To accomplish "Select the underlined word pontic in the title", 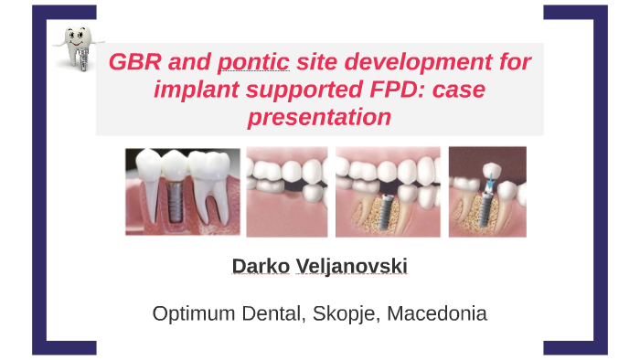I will (253, 63).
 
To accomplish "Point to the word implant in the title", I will (189, 90).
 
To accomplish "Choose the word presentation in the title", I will (319, 118).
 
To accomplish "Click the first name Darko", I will (261, 266).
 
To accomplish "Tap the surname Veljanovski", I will (352, 266).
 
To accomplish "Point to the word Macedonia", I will (437, 314).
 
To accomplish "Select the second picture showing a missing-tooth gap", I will (287, 192).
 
